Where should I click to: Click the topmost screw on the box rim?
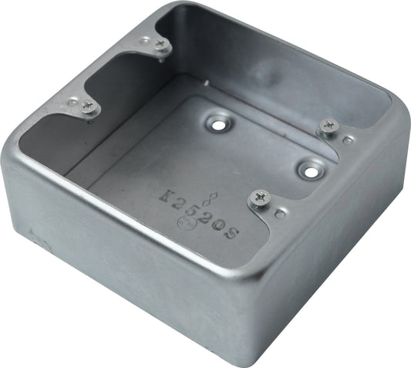tap(160, 44)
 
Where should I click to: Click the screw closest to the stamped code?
tap(258, 200)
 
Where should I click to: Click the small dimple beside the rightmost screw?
tap(348, 140)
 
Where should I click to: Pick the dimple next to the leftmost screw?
tap(72, 101)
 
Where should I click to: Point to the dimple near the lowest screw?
tap(278, 212)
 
